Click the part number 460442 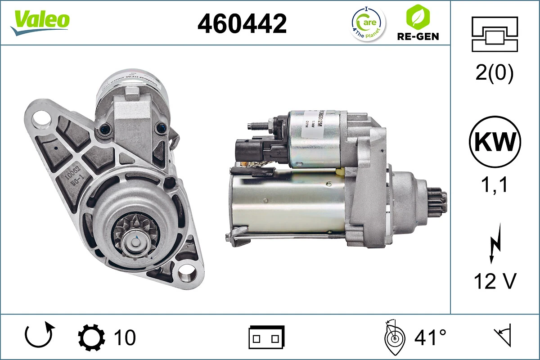pos(242,23)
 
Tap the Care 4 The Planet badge pos(368,23)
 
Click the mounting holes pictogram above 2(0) pos(495,34)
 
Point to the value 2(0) pos(495,73)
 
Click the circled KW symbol pos(495,143)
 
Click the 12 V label pos(495,282)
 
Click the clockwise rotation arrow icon pos(40,336)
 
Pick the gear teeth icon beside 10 pos(91,337)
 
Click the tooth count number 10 pos(125,337)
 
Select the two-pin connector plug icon pos(266,337)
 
